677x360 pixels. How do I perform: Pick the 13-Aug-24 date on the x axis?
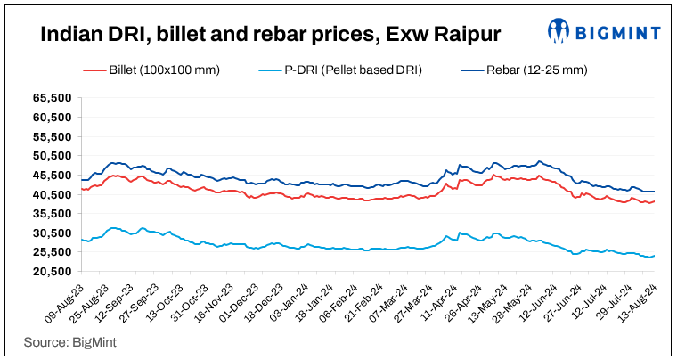click(x=641, y=302)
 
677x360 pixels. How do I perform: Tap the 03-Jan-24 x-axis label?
click(x=299, y=302)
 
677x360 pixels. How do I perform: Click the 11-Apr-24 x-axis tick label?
click(x=447, y=302)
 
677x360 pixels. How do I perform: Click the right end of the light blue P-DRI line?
click(x=655, y=256)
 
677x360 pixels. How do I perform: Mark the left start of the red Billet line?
click(x=81, y=189)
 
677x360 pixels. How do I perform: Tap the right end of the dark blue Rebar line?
click(x=655, y=192)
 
